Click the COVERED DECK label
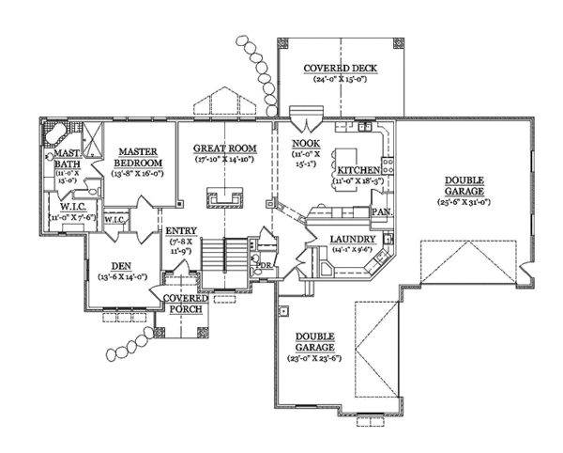[340, 69]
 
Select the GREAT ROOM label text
[225, 148]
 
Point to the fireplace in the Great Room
[225, 198]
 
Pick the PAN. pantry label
[383, 212]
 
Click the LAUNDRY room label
[354, 240]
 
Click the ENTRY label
[180, 230]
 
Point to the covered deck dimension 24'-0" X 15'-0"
[340, 81]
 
